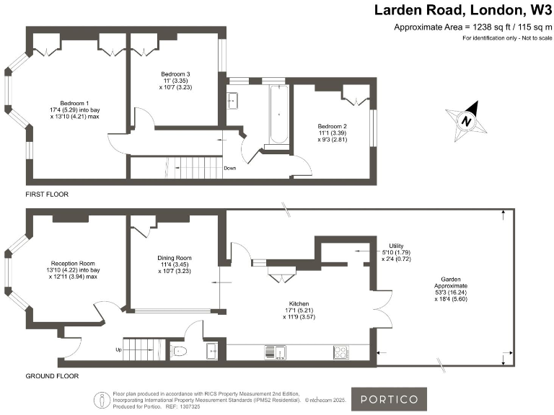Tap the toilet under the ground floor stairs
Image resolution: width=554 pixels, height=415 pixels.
click(x=180, y=352)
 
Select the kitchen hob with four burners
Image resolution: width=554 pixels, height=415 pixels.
click(x=341, y=352)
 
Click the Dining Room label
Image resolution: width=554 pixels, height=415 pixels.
click(x=175, y=257)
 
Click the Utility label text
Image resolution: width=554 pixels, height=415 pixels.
click(x=397, y=246)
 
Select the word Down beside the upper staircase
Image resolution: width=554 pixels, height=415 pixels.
click(x=229, y=168)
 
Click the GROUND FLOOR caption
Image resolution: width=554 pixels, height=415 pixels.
click(x=52, y=375)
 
